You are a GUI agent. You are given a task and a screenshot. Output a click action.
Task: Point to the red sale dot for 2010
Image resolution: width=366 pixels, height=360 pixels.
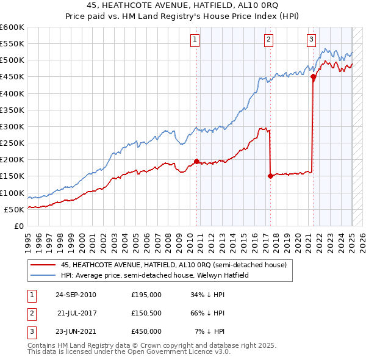[196, 161]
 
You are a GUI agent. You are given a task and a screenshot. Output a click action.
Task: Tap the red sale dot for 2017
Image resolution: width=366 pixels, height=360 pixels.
[270, 176]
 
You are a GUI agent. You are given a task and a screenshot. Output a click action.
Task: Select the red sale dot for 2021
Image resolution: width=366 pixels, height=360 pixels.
[313, 77]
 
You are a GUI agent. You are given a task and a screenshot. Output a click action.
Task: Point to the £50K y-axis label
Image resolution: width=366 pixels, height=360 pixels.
[15, 209]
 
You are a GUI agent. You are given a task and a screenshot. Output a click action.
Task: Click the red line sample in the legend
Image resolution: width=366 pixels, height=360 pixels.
[43, 264]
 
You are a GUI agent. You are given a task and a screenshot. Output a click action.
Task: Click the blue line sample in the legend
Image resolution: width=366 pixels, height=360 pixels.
[43, 275]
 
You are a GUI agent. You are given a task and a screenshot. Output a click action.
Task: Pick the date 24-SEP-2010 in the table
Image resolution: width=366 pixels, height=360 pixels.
[76, 295]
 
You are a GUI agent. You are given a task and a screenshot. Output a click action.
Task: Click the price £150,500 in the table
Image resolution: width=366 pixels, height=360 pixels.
[146, 313]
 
